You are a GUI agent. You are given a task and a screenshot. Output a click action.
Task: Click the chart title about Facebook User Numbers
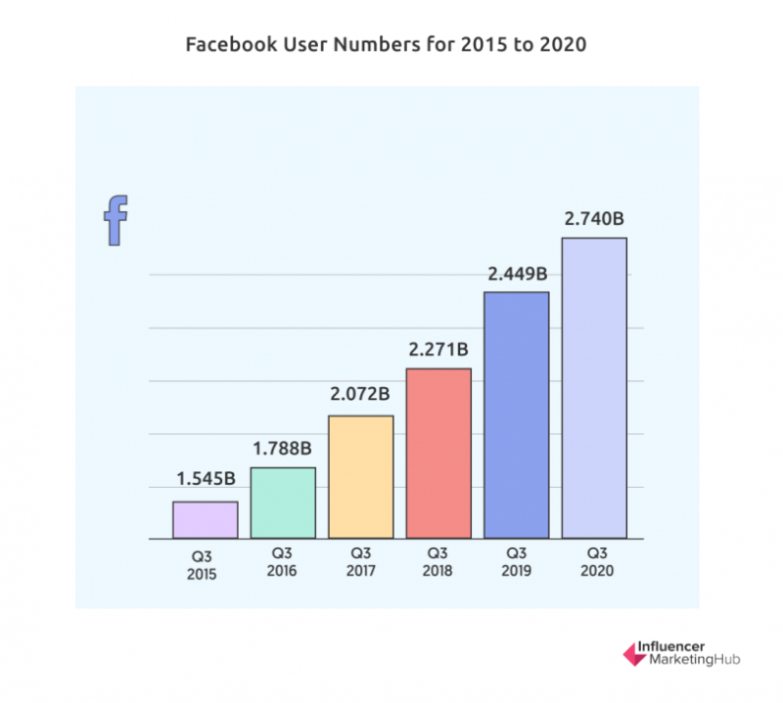391,46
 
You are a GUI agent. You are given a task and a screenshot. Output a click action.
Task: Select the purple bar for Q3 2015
206,519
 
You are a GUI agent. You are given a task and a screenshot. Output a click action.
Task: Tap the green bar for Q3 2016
283,503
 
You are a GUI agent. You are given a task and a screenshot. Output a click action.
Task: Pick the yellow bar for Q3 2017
360,477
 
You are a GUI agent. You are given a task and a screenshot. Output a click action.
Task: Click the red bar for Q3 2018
438,453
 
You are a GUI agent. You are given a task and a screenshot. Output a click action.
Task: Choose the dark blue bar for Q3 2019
517,415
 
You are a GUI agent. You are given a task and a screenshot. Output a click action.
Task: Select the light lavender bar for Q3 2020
594,387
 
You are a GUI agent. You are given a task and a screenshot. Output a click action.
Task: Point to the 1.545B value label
206,479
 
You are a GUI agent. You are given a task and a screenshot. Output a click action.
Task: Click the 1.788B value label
283,449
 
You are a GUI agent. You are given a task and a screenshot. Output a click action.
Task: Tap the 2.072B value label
360,395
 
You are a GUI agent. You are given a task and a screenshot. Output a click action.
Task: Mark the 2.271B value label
438,348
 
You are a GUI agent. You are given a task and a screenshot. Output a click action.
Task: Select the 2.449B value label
517,274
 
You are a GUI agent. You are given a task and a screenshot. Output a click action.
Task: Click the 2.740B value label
594,219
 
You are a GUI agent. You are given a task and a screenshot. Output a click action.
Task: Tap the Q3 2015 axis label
206,566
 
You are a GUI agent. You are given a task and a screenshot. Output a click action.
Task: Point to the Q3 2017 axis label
360,562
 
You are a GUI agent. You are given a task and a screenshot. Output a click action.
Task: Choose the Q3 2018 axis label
438,562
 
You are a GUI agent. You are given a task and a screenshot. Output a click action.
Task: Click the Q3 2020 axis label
594,562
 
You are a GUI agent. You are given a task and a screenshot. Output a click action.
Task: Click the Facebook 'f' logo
116,220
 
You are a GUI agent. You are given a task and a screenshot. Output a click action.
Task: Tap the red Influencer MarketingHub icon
632,653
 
